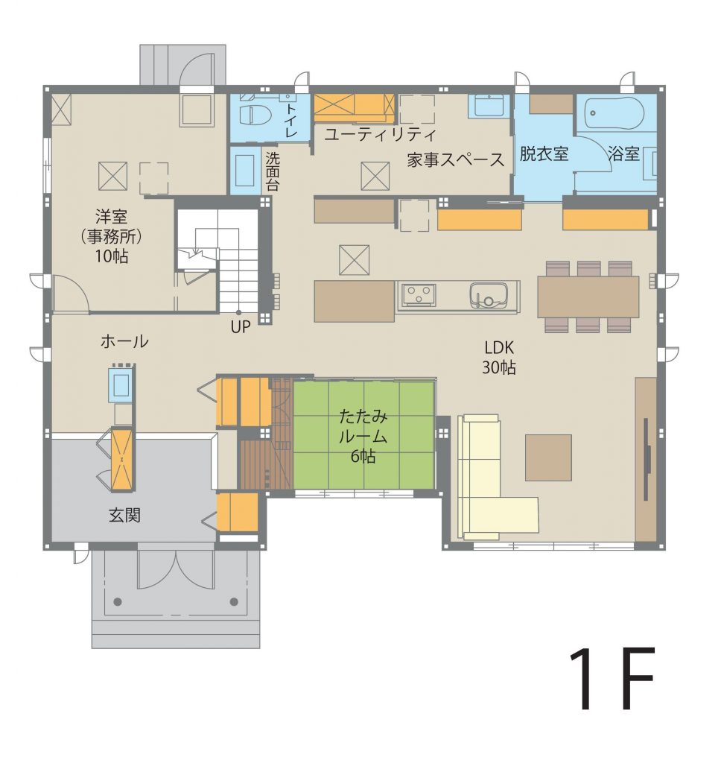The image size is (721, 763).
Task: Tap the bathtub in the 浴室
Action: [614, 114]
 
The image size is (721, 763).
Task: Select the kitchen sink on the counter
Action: [489, 296]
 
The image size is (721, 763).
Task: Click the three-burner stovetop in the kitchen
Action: [418, 295]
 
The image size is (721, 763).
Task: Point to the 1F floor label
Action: [612, 679]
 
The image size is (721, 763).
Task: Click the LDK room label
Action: [499, 358]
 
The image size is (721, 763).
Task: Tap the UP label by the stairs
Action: [241, 328]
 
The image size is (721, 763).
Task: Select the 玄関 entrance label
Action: [125, 515]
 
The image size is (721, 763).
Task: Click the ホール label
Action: [124, 341]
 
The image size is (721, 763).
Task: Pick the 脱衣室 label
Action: [544, 153]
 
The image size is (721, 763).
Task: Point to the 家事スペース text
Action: [455, 160]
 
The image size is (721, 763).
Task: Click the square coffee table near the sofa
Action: [548, 458]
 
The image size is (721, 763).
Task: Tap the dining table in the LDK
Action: [588, 297]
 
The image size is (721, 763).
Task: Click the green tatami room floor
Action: [363, 434]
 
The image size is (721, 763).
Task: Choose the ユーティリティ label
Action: [380, 134]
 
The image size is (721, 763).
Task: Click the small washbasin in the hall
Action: [119, 384]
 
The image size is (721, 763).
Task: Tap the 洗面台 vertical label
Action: [273, 171]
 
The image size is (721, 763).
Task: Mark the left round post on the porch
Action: [117, 601]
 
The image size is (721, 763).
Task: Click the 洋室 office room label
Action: [112, 236]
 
